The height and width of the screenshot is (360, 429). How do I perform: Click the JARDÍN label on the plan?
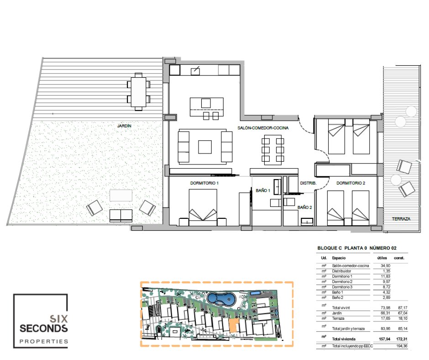click(124, 126)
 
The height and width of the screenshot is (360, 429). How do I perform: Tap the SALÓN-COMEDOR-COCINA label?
click(263, 127)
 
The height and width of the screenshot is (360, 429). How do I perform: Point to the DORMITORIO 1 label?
click(204, 183)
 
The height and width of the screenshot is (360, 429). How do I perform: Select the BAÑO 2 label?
click(305, 207)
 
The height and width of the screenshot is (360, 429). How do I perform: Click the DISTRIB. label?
click(308, 183)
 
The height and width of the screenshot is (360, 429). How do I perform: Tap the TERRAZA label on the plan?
click(401, 219)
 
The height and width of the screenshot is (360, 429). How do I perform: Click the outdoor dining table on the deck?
click(139, 92)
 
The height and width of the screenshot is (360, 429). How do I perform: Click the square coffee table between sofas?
click(205, 147)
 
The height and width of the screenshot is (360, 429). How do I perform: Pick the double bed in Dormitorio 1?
click(203, 207)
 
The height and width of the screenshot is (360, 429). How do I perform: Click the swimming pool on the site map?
click(221, 299)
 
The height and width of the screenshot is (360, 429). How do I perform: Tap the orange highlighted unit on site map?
click(233, 325)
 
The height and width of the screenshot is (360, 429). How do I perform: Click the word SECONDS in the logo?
click(43, 328)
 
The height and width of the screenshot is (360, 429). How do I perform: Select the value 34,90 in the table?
click(386, 265)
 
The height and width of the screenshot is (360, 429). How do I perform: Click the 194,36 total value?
click(402, 346)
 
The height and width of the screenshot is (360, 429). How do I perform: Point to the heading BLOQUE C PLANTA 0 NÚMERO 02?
click(357, 248)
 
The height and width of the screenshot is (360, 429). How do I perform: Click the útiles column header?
click(382, 258)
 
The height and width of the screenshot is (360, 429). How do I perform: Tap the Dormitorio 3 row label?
click(342, 287)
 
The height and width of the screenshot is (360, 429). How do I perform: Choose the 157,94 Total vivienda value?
click(384, 339)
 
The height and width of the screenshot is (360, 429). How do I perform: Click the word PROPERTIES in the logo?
click(44, 341)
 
